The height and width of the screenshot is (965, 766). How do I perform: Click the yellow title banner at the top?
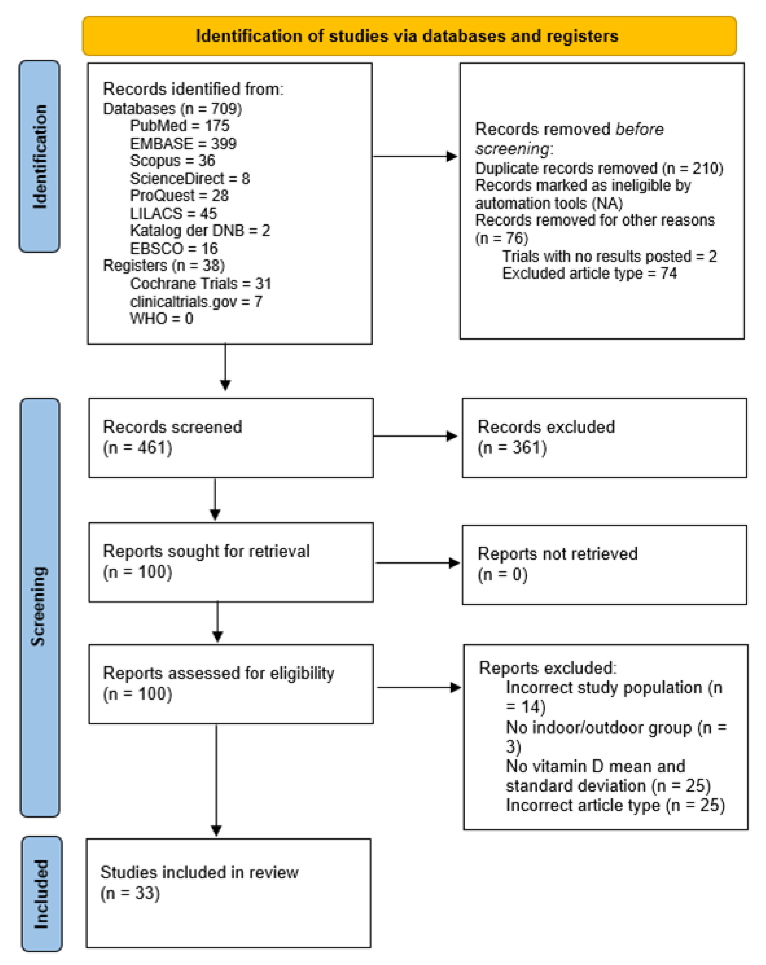(x=409, y=36)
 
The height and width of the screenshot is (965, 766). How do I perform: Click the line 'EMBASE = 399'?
(x=183, y=144)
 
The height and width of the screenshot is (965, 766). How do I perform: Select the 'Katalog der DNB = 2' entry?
(x=200, y=231)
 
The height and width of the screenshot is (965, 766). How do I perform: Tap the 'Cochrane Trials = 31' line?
(x=200, y=283)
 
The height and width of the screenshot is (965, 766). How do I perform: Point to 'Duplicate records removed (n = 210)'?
(x=599, y=168)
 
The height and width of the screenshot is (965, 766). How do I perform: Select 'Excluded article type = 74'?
(x=589, y=273)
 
